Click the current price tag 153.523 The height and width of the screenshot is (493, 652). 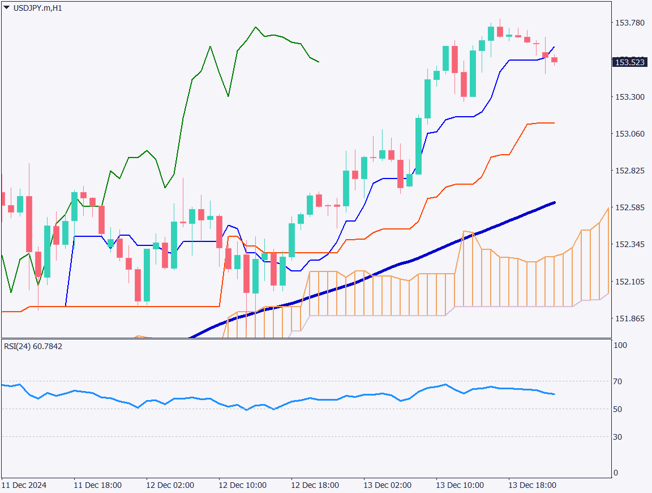[x=630, y=62]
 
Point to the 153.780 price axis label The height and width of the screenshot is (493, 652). [x=630, y=23]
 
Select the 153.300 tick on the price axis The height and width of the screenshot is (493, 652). [x=630, y=97]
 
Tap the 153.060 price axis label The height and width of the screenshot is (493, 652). [x=630, y=134]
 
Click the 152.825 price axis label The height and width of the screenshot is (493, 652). [x=630, y=171]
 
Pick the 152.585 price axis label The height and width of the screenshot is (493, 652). [x=630, y=208]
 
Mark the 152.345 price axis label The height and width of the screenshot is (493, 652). [x=630, y=244]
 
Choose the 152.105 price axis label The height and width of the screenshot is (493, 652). [x=630, y=282]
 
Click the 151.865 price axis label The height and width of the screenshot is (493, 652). [x=630, y=318]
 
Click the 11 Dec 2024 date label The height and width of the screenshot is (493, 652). [x=24, y=486]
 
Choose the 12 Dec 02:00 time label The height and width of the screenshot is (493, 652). [x=170, y=486]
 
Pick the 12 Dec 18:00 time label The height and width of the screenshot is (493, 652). [x=315, y=486]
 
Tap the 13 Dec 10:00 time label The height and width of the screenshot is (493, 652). [x=460, y=486]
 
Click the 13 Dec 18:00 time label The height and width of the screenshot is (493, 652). [x=532, y=486]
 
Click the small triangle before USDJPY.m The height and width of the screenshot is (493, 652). [x=6, y=8]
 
